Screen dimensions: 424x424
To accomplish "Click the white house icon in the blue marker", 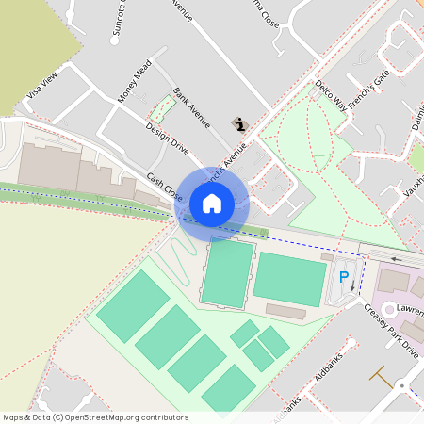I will pos(212,203).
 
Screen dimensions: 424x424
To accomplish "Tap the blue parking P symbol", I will pos(344,278).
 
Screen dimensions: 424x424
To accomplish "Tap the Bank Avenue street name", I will pos(191,111).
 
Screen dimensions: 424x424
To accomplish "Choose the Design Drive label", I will pos(167,138).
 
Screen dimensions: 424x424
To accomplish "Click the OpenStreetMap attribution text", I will pos(94,417).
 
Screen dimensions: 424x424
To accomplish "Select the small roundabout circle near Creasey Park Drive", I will pos(402,384).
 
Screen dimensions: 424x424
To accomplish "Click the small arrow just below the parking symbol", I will pos(352,286).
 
